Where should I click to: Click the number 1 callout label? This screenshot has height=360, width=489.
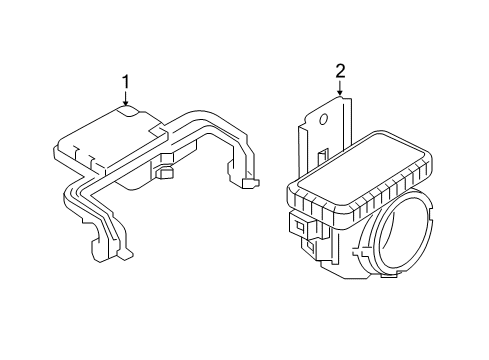[126, 81]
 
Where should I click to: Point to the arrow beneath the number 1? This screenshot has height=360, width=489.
[126, 98]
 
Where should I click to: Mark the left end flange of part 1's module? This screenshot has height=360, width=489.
[58, 153]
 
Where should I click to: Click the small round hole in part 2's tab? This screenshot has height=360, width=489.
[326, 118]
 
